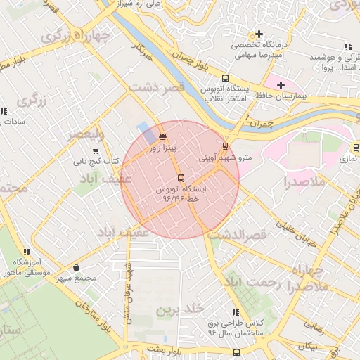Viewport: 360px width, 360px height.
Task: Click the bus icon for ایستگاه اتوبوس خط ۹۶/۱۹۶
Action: tap(181, 178)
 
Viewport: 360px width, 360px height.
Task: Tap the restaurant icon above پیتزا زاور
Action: tap(163, 136)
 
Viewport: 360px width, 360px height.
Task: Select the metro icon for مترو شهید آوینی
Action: tap(225, 146)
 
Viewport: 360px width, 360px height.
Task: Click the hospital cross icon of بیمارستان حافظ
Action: tap(281, 85)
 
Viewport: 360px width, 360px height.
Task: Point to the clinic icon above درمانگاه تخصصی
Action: tap(259, 34)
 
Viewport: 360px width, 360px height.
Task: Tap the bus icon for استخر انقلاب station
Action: tap(225, 78)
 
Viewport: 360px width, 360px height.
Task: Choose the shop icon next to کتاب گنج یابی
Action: tap(96, 150)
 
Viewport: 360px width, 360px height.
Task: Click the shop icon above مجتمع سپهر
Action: tap(76, 267)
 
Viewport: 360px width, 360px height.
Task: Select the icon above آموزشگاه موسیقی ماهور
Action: tap(27, 251)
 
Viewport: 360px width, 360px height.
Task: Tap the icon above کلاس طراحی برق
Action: tap(235, 311)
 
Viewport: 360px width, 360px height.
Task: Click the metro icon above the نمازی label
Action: tap(355, 148)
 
